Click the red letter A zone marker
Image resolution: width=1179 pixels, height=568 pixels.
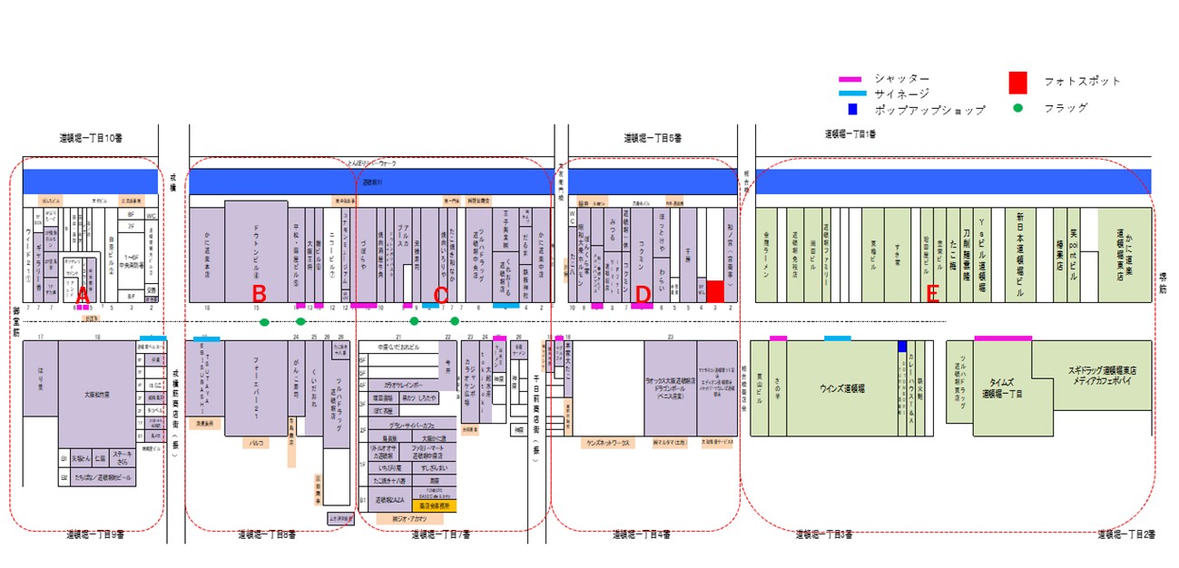coord(83,295)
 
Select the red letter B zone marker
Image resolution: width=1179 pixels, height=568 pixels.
coord(259,295)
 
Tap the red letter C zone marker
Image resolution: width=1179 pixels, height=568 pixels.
coord(441,295)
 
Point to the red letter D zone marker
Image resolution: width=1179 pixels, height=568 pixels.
coord(643,295)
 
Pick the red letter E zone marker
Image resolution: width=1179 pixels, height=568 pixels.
coord(931,295)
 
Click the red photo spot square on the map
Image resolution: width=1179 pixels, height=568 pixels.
coord(715,291)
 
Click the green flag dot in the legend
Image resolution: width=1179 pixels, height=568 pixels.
coord(1018,107)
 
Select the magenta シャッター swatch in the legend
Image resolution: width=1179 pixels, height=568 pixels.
coord(850,80)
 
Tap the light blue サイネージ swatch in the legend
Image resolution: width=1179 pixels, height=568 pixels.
coord(850,94)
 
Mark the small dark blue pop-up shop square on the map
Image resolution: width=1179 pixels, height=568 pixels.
coord(902,347)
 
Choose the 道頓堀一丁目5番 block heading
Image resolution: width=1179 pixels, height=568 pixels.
coord(653,138)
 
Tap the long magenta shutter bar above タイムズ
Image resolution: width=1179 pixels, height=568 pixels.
coord(1003,338)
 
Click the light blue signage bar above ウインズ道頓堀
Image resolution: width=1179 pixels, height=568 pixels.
coord(838,338)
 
